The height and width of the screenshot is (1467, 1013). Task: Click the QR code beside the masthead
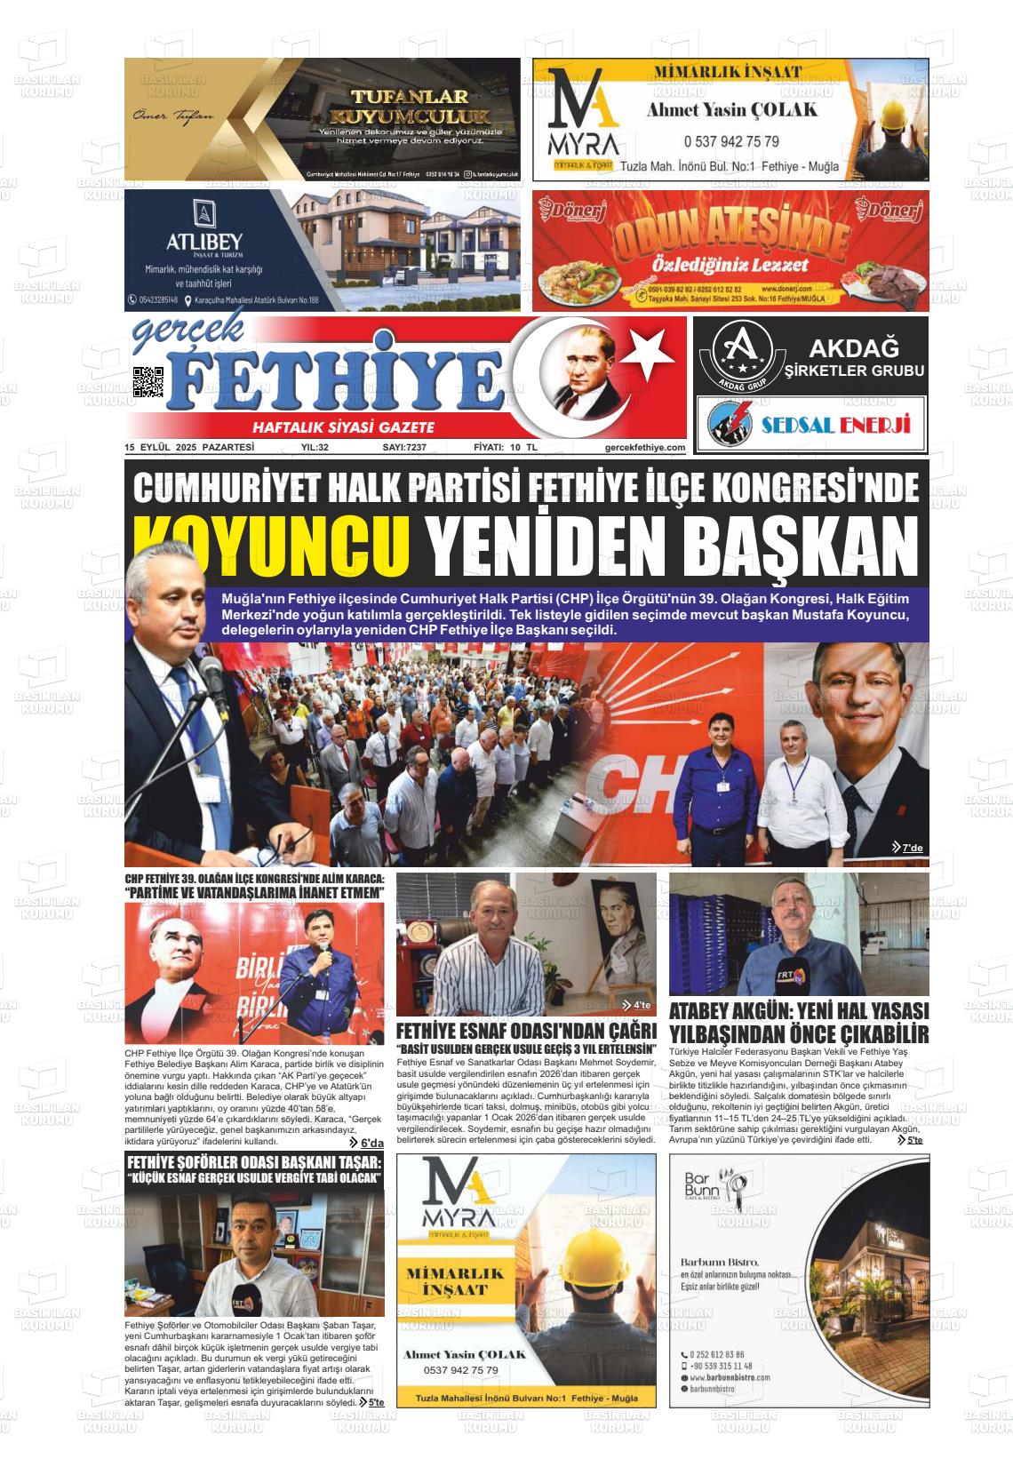(148, 382)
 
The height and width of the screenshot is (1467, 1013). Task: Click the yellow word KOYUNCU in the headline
(272, 542)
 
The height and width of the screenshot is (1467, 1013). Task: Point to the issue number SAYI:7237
(404, 448)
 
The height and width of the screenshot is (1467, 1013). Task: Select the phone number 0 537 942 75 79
(731, 141)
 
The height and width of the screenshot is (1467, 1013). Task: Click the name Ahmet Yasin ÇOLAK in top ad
(731, 109)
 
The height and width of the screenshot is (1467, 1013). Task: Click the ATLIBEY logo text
(203, 242)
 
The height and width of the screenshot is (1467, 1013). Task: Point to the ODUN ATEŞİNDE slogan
(730, 236)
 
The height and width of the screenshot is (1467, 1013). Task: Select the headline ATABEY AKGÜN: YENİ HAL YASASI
(798, 1011)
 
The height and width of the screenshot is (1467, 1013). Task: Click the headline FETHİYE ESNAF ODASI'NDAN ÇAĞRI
(526, 1031)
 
